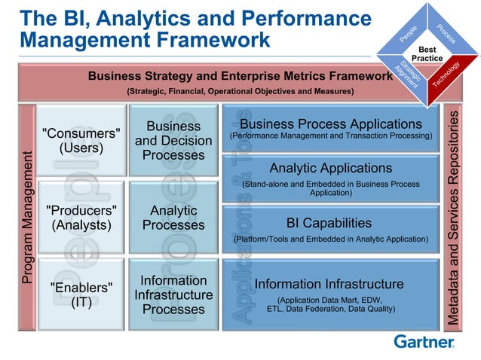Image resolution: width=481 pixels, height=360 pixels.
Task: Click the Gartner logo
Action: point(424,342)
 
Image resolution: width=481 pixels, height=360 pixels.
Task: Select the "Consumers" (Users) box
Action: point(81,140)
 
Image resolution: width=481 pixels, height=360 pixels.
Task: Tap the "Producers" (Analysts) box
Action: point(81,217)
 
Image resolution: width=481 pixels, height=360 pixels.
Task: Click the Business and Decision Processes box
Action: point(173,140)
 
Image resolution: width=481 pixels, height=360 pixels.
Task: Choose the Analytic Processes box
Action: point(173,217)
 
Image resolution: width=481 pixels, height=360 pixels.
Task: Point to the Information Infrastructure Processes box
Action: point(173,294)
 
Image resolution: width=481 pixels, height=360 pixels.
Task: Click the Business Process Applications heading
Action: point(330,124)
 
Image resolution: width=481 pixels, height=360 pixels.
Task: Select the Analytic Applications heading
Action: point(330,168)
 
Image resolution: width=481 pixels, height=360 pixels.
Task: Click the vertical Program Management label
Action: point(28,218)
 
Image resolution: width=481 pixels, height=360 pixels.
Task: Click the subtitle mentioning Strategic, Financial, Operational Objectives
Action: point(240,91)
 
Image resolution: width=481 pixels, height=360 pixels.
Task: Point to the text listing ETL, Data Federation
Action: point(329,308)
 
